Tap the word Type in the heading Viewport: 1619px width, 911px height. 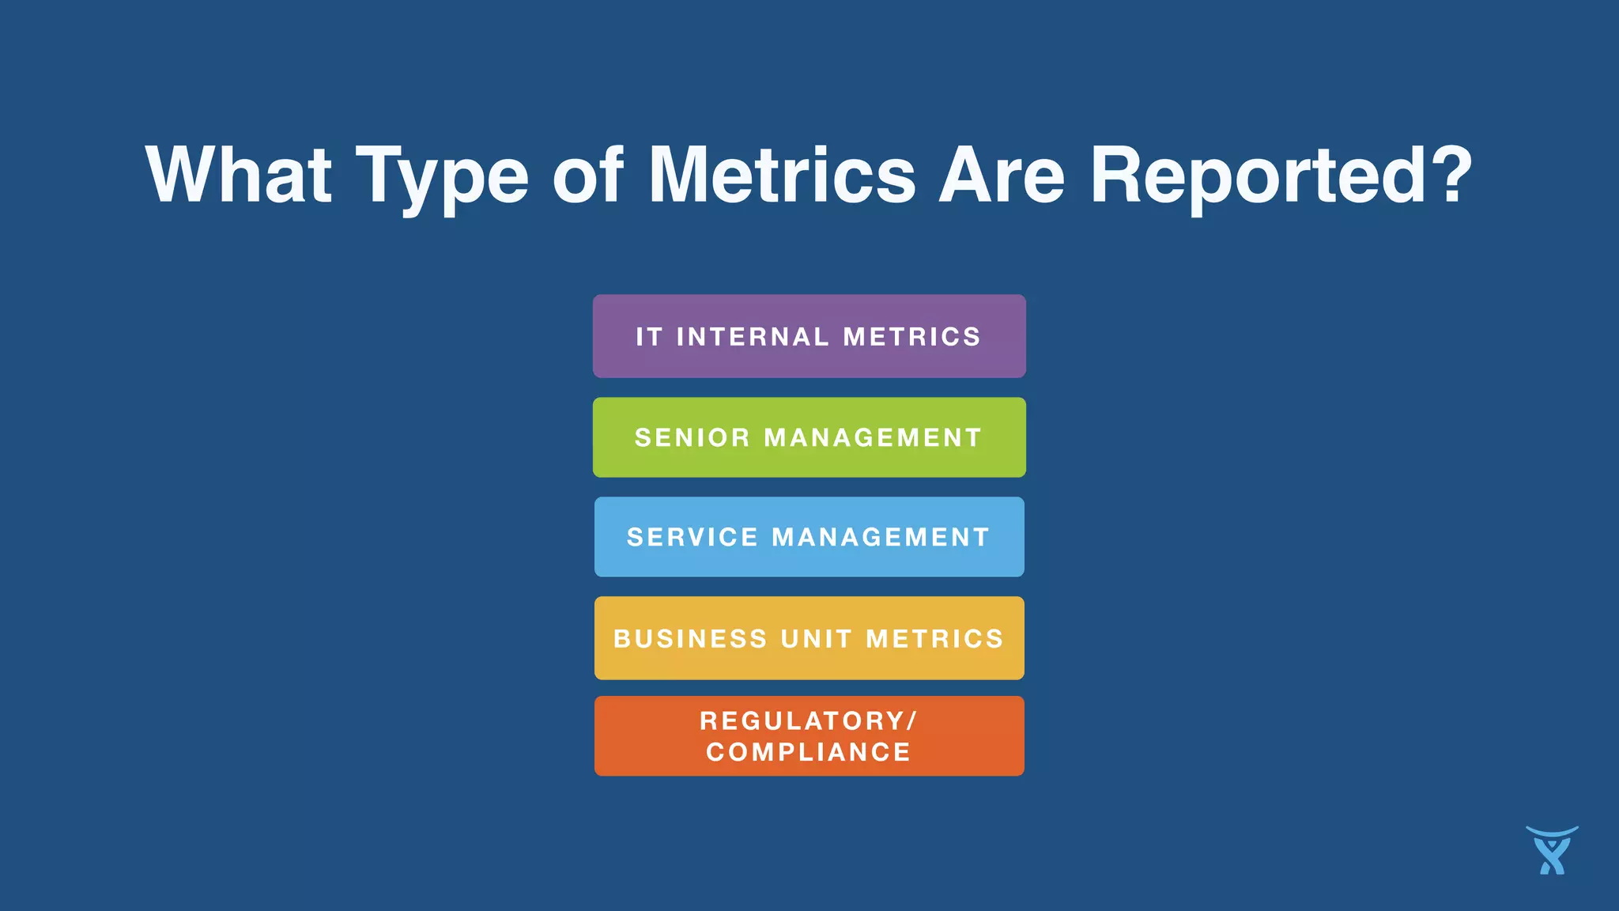442,178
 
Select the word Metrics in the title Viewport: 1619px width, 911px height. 782,175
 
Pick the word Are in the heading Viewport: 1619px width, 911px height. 1002,175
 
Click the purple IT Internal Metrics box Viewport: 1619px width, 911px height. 809,336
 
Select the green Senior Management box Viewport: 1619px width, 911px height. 809,437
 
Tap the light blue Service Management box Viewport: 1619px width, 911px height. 809,537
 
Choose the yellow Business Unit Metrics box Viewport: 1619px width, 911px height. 809,638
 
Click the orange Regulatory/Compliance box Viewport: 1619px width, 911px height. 809,736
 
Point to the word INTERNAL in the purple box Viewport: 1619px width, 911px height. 753,337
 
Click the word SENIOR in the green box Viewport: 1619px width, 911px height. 692,437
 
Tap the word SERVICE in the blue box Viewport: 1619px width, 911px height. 693,537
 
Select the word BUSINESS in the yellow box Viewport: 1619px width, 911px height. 690,638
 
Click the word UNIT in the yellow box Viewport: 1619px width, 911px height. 817,638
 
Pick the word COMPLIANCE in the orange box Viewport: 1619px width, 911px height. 809,752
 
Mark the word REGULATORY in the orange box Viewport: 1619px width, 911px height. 803,721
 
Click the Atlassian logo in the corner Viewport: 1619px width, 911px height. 1552,851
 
